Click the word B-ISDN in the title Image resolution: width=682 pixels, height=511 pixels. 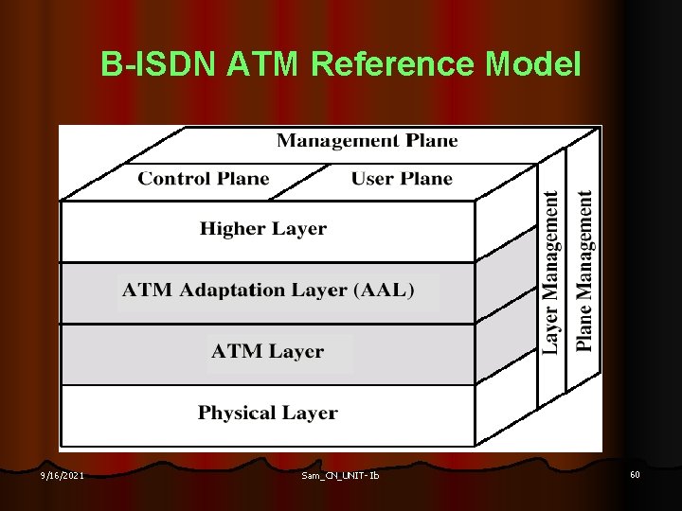click(156, 64)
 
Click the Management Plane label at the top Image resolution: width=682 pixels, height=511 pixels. click(367, 141)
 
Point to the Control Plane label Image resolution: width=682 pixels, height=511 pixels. click(204, 178)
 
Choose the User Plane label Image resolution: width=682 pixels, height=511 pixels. click(402, 178)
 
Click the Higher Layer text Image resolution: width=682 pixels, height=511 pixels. click(263, 229)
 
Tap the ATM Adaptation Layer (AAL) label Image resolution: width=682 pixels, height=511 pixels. click(268, 291)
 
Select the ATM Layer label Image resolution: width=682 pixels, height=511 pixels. click(267, 352)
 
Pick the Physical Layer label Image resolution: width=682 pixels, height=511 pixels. click(267, 413)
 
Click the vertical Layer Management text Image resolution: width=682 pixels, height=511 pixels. click(550, 272)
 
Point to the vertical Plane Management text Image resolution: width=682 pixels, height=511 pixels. click(584, 272)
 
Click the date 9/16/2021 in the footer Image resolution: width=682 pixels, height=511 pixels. click(63, 475)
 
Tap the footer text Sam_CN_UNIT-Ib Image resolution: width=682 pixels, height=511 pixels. click(339, 475)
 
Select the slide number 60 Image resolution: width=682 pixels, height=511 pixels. click(635, 474)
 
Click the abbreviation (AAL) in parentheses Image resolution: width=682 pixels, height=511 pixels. click(383, 291)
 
